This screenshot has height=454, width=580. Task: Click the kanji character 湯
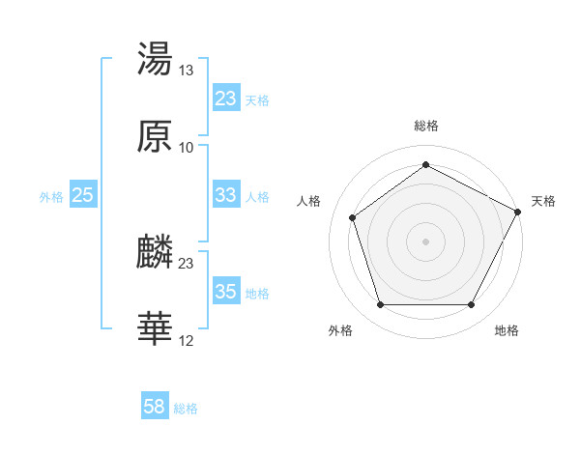pos(155,60)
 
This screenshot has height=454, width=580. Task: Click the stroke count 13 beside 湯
pos(187,71)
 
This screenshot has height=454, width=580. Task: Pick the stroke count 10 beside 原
pos(187,148)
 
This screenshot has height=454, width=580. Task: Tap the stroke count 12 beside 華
pos(187,341)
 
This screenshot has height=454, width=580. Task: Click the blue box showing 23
pos(226,99)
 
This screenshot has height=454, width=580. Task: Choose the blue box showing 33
pos(226,195)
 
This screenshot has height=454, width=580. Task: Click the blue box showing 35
pos(226,292)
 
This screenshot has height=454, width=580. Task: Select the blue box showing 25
pos(83,195)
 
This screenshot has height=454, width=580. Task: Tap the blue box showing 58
pos(155,408)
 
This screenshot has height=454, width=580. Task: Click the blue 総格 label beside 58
pos(186,409)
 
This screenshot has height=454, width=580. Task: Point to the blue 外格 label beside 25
pos(51,196)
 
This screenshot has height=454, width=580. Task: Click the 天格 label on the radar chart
pos(543,201)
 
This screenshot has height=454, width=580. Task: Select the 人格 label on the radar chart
pos(309,201)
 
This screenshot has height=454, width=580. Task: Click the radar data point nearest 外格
pos(380,305)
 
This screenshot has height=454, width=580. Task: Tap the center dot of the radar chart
pos(425,241)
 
